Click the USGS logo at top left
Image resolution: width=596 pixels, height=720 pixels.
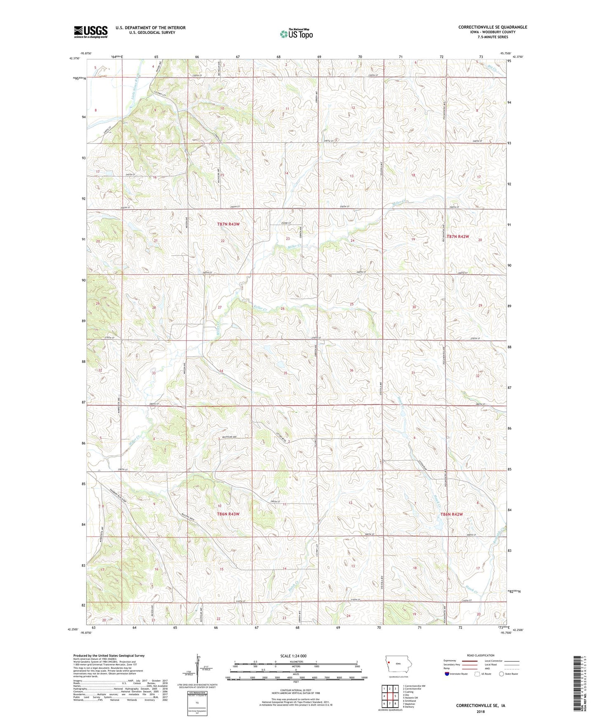[91, 32]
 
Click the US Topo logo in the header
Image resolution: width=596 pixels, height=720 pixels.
[296, 34]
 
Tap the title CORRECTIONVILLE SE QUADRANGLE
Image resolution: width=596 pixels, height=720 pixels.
[492, 27]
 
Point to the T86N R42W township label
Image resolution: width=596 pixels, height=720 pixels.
[452, 514]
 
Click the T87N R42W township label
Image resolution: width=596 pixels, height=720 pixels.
[458, 237]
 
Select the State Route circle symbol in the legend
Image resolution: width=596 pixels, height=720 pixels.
[501, 674]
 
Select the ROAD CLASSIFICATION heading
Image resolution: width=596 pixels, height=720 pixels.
[481, 655]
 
